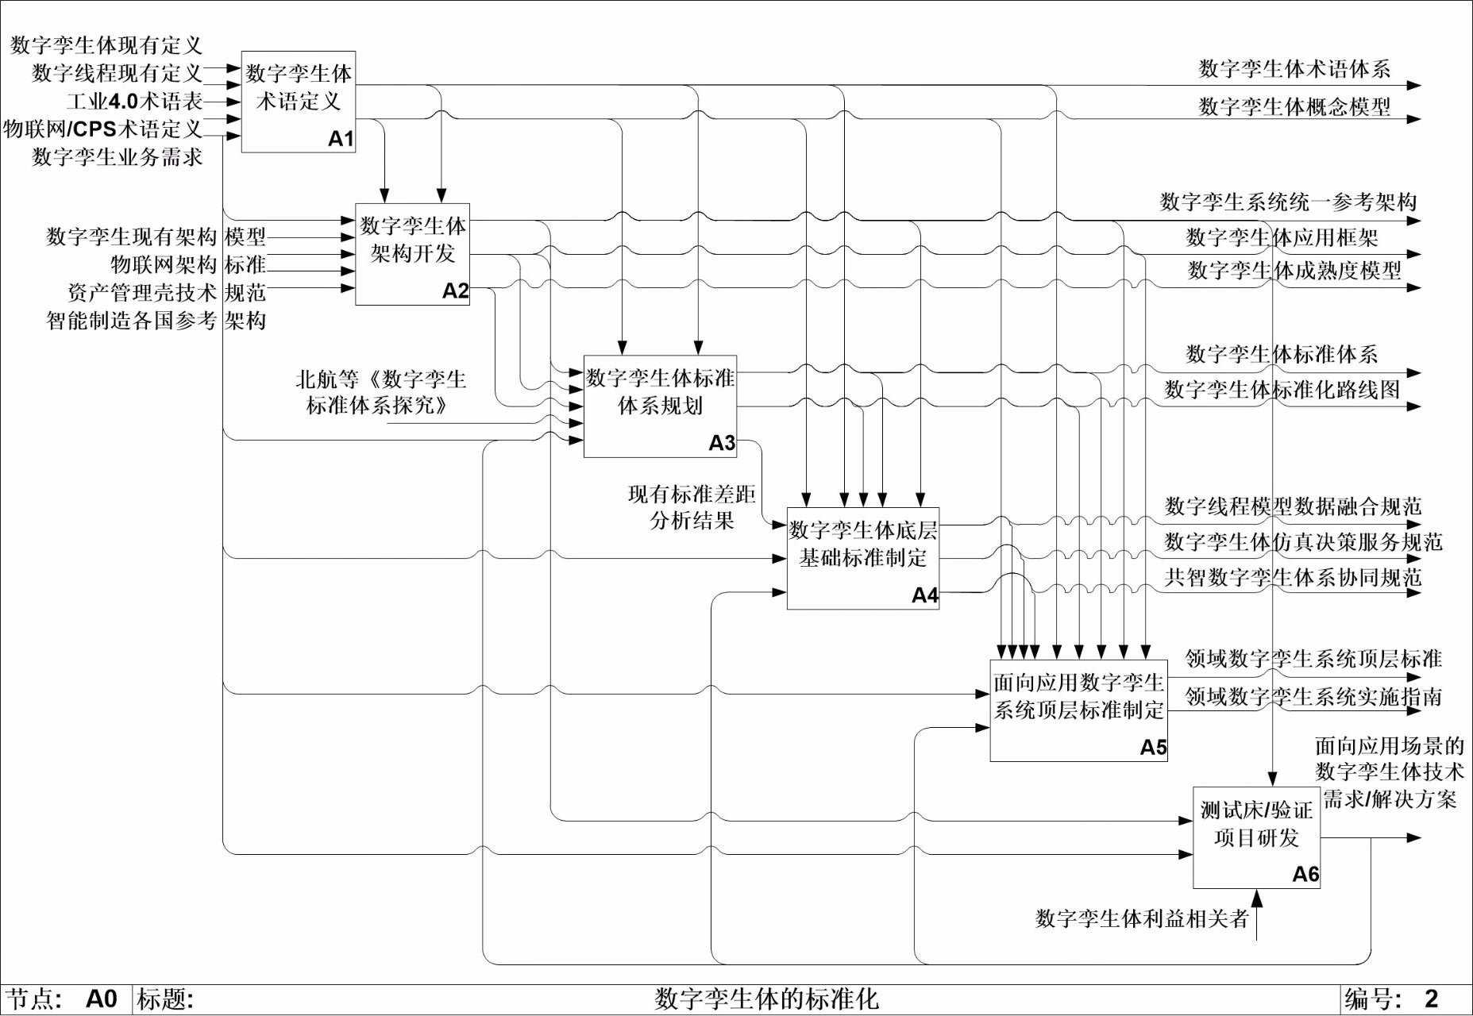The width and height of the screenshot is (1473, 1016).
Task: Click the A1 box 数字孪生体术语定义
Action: click(x=298, y=102)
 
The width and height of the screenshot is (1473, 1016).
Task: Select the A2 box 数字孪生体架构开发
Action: click(x=412, y=254)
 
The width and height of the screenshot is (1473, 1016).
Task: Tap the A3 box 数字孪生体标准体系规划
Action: click(x=660, y=406)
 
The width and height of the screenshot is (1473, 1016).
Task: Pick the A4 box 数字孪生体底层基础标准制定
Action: click(x=862, y=558)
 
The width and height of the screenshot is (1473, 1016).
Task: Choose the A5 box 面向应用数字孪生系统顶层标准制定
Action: click(x=1078, y=710)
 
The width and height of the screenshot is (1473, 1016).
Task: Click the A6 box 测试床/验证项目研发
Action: click(x=1256, y=837)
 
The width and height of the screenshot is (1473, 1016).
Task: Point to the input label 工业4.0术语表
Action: click(x=134, y=101)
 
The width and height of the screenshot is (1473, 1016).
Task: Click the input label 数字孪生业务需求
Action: click(x=117, y=157)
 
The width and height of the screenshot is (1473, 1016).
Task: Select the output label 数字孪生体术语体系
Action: click(x=1294, y=69)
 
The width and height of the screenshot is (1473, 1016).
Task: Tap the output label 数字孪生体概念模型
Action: click(x=1294, y=106)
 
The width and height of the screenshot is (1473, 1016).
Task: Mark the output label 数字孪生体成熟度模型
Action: click(x=1294, y=271)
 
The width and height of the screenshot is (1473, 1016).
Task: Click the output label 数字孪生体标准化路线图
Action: click(x=1282, y=390)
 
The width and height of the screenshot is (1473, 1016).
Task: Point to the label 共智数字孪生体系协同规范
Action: click(x=1293, y=577)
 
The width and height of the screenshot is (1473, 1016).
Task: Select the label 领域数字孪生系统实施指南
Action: click(x=1313, y=696)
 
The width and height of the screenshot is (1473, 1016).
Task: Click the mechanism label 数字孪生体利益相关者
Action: click(x=1142, y=918)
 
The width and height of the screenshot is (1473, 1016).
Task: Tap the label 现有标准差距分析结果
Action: click(x=692, y=507)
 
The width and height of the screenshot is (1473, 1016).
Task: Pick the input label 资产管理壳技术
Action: click(x=142, y=293)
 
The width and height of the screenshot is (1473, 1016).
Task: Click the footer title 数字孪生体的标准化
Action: click(x=766, y=999)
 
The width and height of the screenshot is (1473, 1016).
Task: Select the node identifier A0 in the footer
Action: click(x=101, y=999)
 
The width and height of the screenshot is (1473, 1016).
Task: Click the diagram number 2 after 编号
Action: click(x=1431, y=999)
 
